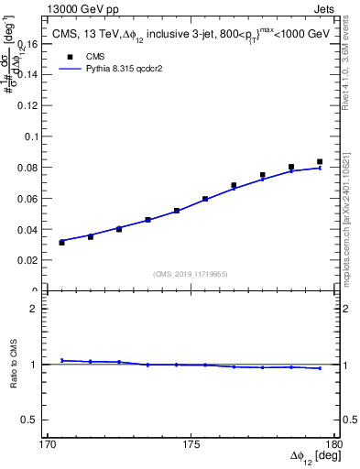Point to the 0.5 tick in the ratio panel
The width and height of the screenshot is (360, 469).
(x=39, y=420)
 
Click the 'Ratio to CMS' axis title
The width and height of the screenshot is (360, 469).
(x=16, y=365)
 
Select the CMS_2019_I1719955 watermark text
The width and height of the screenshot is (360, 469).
(x=191, y=273)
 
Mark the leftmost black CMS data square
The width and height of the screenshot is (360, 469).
(x=61, y=242)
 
